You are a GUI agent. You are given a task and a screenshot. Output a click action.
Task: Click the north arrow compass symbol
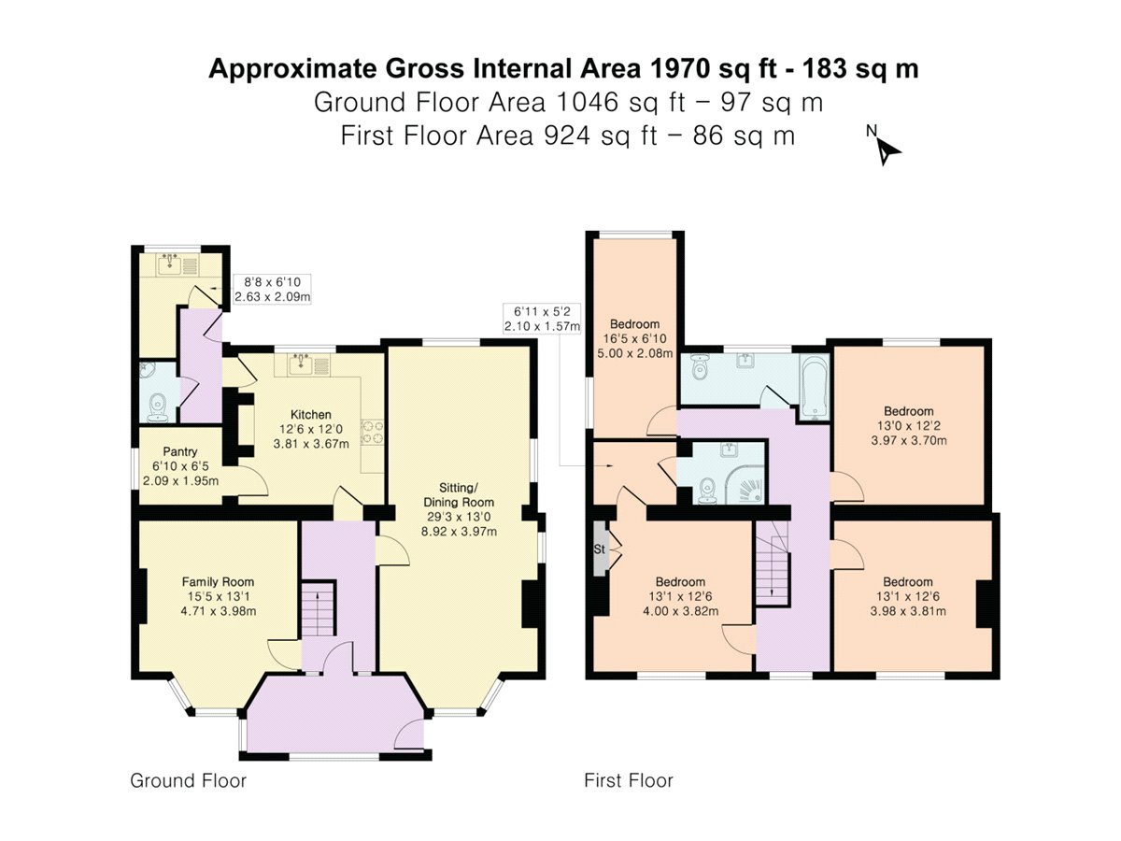click(886, 148)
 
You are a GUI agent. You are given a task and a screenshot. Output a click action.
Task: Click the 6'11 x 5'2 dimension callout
click(542, 318)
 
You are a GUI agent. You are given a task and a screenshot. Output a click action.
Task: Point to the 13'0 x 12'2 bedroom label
click(908, 425)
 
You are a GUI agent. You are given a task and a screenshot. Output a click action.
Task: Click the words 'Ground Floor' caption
click(188, 780)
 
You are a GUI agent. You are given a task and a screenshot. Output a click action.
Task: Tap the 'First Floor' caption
click(628, 780)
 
